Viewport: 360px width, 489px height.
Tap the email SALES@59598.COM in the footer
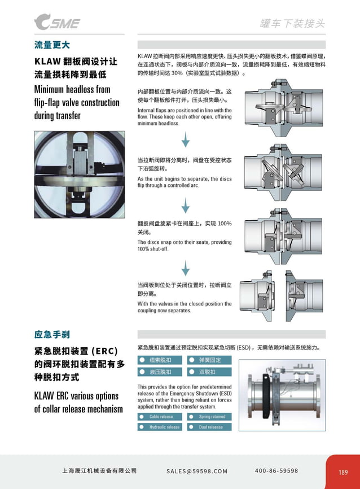coord(197,471)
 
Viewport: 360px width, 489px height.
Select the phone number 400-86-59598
coord(276,471)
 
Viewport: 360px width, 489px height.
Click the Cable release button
coord(161,417)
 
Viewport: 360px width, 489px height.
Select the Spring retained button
coord(210,417)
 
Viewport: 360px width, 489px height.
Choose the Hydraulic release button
coord(161,427)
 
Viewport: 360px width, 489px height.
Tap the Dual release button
coord(210,427)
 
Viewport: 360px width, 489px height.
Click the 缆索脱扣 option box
coord(161,360)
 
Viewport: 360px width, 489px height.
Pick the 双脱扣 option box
coord(210,372)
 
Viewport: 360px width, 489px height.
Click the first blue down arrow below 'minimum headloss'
coord(185,139)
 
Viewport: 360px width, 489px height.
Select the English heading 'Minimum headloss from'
coord(72,89)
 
